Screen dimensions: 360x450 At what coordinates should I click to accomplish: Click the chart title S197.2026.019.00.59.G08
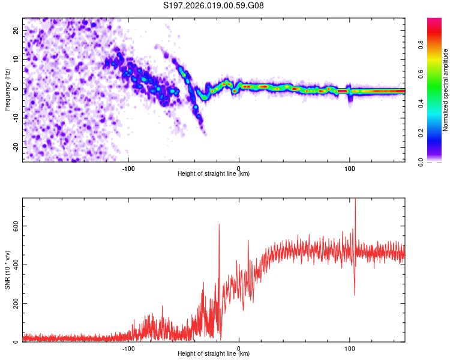tap(214, 6)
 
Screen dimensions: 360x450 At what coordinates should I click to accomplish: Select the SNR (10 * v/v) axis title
tap(7, 270)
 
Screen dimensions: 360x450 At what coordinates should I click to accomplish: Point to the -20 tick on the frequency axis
tap(15, 147)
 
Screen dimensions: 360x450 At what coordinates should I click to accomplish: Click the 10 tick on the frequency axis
tap(16, 59)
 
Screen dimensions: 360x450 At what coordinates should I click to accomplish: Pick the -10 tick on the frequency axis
tap(15, 118)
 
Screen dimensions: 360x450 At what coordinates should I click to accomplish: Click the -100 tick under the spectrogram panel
tap(128, 168)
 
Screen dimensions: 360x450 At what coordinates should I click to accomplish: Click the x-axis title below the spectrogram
tap(214, 174)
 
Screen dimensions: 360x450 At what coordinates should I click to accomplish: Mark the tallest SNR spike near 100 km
tap(355, 200)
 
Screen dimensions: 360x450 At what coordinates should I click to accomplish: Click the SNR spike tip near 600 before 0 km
tap(219, 224)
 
